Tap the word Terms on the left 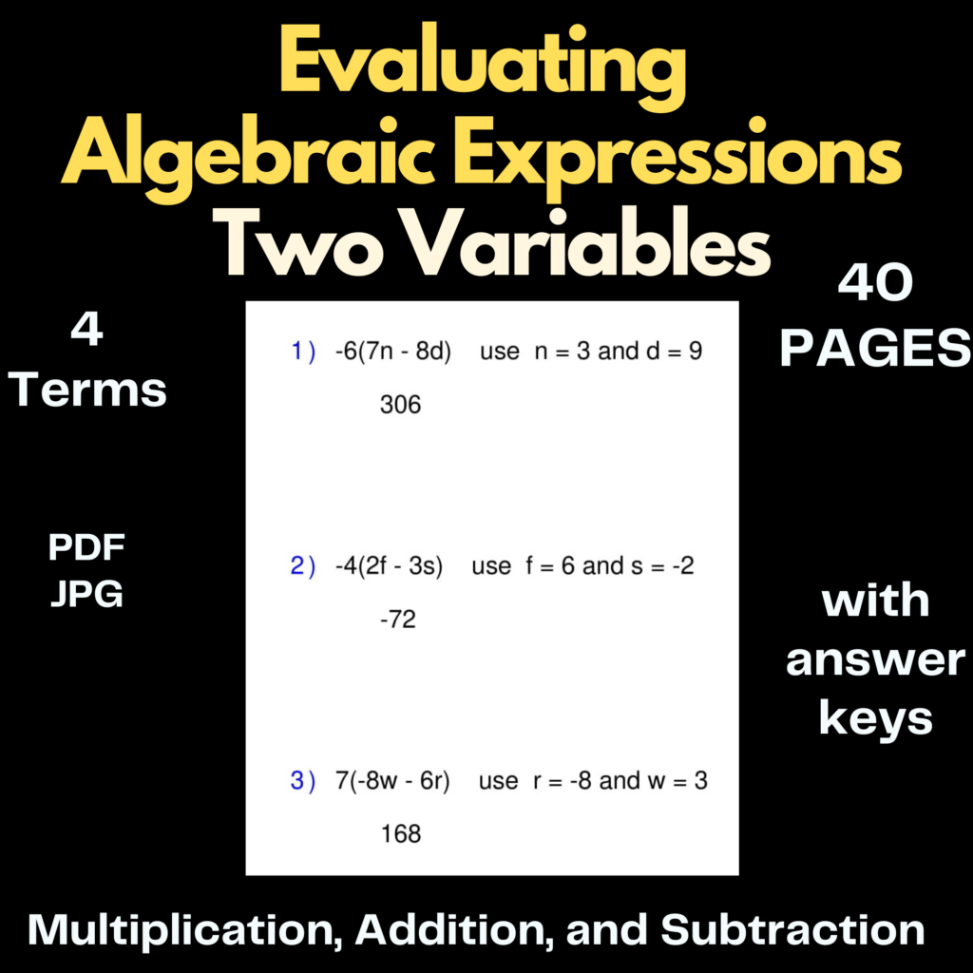click(x=89, y=391)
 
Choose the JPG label click(x=86, y=595)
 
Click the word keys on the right click(x=875, y=718)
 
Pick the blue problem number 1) click(x=303, y=352)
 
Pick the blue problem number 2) click(x=303, y=567)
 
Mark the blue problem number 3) click(x=303, y=782)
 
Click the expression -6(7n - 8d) click(x=392, y=352)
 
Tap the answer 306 click(x=400, y=405)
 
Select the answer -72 click(x=398, y=620)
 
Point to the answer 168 click(x=400, y=834)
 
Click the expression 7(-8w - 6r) click(x=392, y=782)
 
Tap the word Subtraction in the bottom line click(x=792, y=929)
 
